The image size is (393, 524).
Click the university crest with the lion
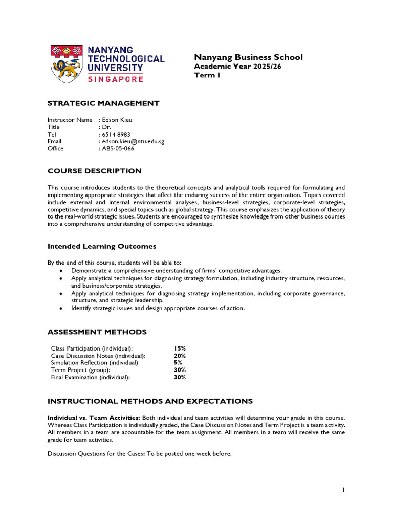click(x=67, y=63)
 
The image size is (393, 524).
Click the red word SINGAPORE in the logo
click(x=116, y=79)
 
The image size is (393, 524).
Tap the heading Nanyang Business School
click(x=248, y=57)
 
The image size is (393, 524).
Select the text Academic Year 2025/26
click(x=237, y=67)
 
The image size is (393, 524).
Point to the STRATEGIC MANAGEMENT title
click(x=103, y=103)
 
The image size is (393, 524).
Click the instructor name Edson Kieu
click(x=117, y=120)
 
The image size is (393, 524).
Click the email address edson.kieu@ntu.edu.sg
click(x=133, y=141)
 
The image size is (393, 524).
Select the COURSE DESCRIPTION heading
click(x=94, y=171)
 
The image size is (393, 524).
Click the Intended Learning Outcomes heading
click(x=102, y=247)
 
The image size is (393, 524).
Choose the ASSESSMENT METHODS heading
click(x=97, y=332)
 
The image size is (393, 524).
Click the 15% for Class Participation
click(x=180, y=348)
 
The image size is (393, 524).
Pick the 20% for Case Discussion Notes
click(x=180, y=356)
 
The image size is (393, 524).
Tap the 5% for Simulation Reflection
click(x=178, y=363)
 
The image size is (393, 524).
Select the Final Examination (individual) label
click(x=91, y=377)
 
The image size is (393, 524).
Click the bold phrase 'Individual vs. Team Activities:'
click(x=94, y=418)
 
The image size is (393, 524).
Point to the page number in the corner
click(x=344, y=490)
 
